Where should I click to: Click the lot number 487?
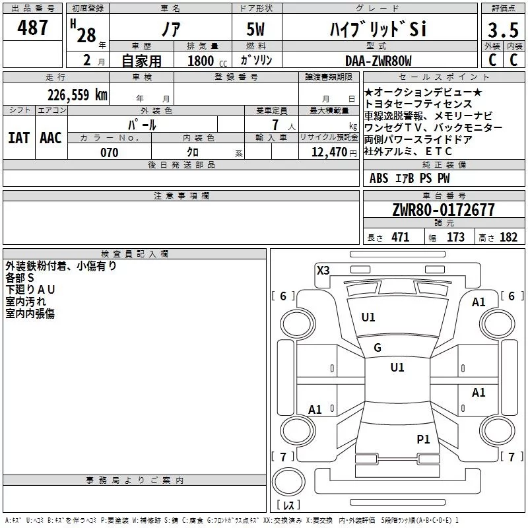pyautogui.click(x=32, y=27)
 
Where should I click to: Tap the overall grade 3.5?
pyautogui.click(x=503, y=30)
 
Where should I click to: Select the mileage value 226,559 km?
pyautogui.click(x=77, y=95)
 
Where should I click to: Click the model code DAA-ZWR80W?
pyautogui.click(x=378, y=61)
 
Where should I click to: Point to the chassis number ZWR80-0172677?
pyautogui.click(x=444, y=210)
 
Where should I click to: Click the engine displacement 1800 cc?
pyautogui.click(x=207, y=61)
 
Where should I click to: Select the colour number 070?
pyautogui.click(x=110, y=152)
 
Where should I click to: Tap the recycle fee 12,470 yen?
pyautogui.click(x=334, y=152)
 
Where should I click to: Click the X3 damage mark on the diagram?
pyautogui.click(x=323, y=270)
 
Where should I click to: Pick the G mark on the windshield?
pyautogui.click(x=378, y=348)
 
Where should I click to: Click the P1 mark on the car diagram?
pyautogui.click(x=423, y=439)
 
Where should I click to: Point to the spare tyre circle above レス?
pyautogui.click(x=288, y=482)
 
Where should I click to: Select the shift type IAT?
pyautogui.click(x=18, y=138)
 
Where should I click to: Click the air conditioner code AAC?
pyautogui.click(x=51, y=138)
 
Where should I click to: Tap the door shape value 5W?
pyautogui.click(x=255, y=29)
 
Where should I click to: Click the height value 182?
pyautogui.click(x=508, y=237)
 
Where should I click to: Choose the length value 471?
pyautogui.click(x=401, y=237)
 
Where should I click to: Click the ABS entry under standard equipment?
pyautogui.click(x=379, y=178)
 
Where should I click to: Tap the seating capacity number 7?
pyautogui.click(x=275, y=125)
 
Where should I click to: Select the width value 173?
pyautogui.click(x=455, y=237)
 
